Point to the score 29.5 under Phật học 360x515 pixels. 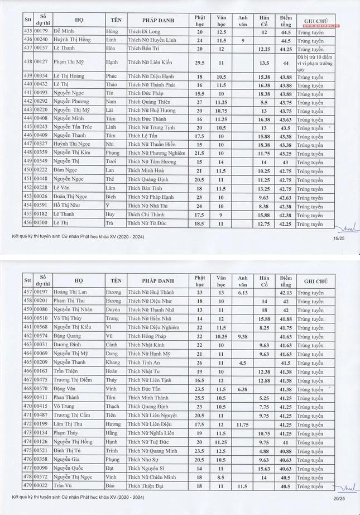(200, 63)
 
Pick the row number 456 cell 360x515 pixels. (27, 224)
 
